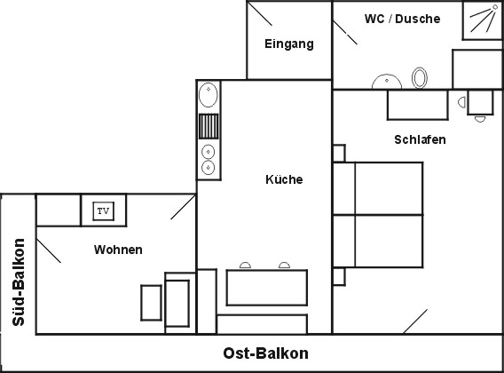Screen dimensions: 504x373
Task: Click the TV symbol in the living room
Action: click(103, 211)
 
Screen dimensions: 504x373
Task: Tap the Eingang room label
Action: click(289, 44)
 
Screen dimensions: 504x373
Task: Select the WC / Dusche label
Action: click(403, 19)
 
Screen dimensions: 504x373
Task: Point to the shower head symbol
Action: click(484, 19)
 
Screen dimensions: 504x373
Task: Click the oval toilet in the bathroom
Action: click(420, 77)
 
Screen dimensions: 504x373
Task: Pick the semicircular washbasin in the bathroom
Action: click(387, 82)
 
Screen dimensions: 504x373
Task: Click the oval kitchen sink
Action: click(209, 95)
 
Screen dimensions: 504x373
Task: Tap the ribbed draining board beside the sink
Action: click(209, 126)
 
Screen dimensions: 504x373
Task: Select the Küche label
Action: click(284, 179)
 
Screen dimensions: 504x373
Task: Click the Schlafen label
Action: click(420, 139)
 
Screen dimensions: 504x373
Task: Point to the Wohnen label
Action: click(118, 250)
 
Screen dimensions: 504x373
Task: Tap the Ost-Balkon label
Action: click(266, 353)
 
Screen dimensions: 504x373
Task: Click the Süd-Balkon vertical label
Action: click(19, 282)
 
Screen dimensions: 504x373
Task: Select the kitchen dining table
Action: click(267, 288)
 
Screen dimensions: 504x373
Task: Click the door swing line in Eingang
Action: click(260, 14)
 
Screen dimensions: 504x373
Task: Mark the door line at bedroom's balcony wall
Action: click(415, 321)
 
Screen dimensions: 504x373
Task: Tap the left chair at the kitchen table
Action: click(245, 266)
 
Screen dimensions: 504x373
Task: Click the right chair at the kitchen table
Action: click(284, 266)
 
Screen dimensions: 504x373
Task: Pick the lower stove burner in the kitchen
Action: click(208, 168)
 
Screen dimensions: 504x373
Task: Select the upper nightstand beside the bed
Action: click(339, 153)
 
